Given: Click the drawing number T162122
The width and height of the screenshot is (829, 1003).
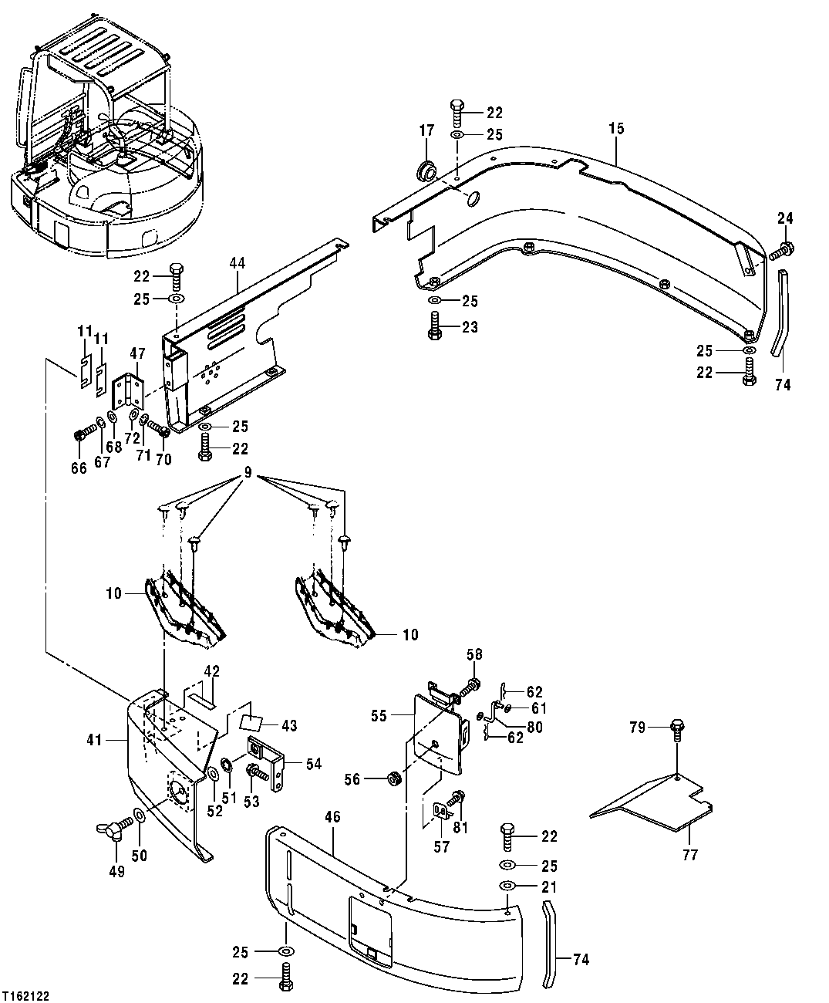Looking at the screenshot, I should coord(25,996).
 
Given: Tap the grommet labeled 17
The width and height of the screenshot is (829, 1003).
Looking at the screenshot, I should coord(423,171).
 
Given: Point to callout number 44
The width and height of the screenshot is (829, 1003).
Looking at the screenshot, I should coord(237,264).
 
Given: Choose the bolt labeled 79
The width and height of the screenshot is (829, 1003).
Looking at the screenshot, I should coord(677,727).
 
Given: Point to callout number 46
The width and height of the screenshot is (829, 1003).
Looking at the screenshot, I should coord(332,817).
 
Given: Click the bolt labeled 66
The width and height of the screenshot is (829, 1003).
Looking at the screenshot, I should coord(79,437).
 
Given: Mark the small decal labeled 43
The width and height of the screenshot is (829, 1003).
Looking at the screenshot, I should coord(251,723).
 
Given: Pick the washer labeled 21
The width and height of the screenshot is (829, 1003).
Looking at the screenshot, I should coord(507,886).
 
